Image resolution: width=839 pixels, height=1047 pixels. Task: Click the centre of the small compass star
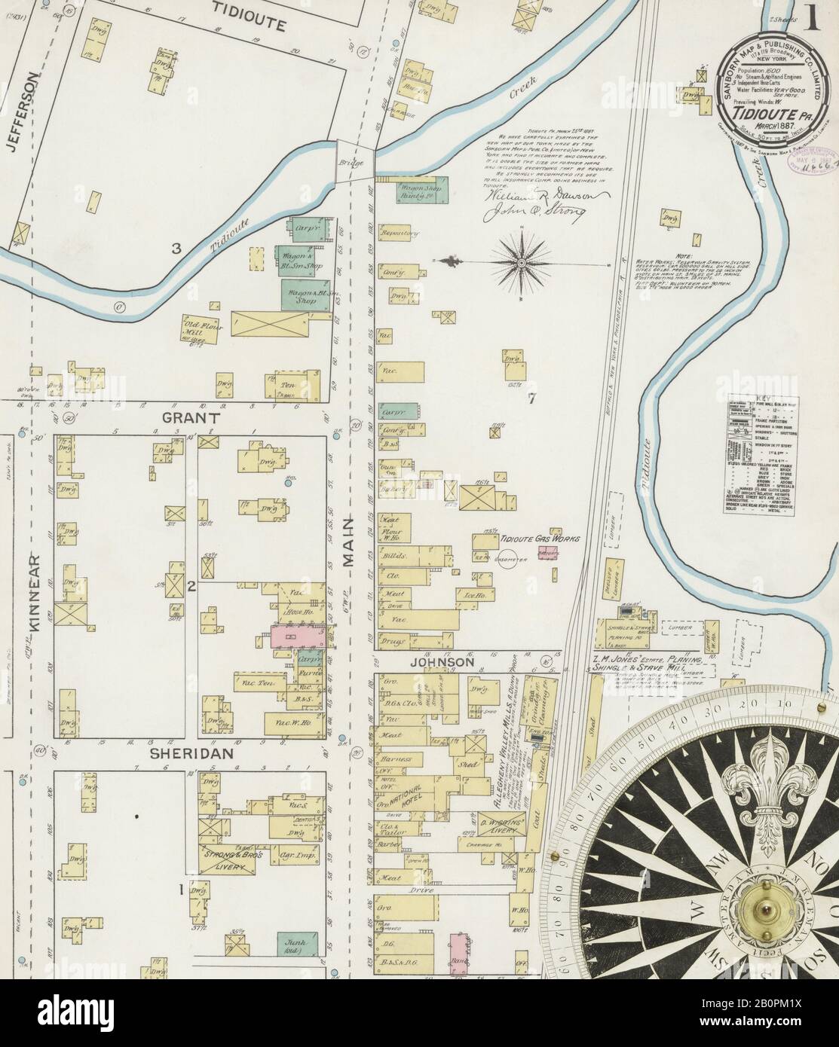coord(521,263)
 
